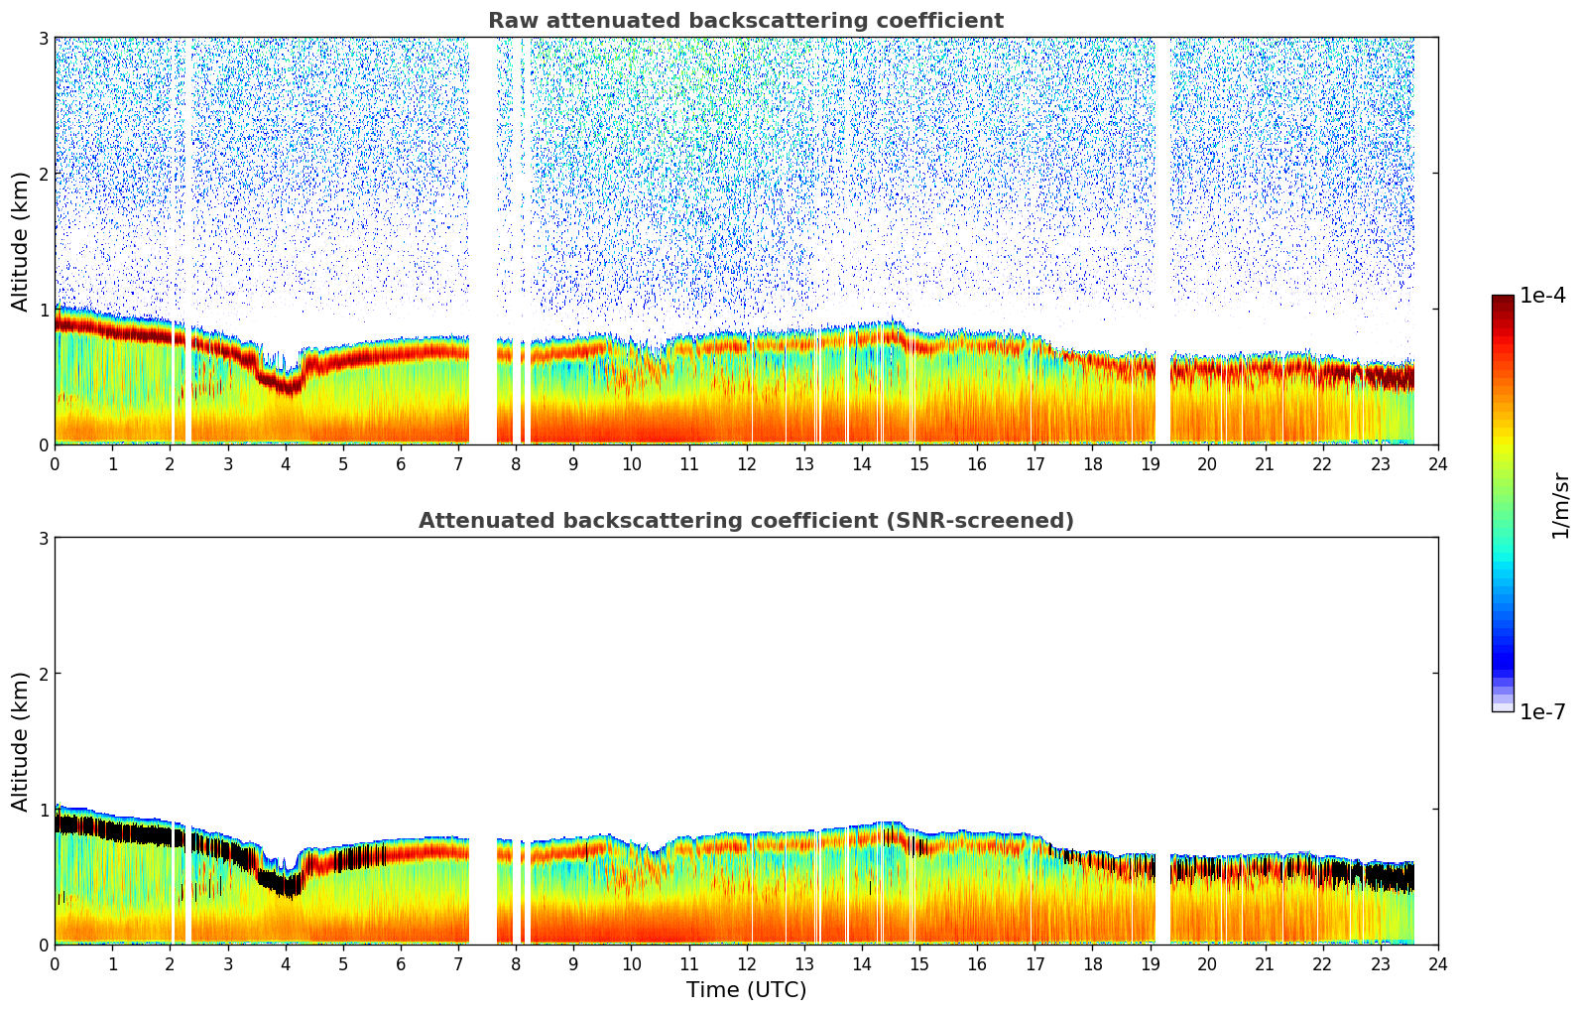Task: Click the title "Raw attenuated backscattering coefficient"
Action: point(746,21)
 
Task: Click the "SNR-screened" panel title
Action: point(746,521)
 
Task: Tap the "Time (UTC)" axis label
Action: point(746,990)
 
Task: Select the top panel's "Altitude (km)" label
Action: point(21,241)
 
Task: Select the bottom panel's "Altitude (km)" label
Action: point(21,741)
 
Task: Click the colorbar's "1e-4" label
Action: point(1542,296)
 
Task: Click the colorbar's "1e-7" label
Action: point(1542,712)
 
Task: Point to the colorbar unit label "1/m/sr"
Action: point(1560,505)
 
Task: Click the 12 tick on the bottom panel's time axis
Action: point(746,963)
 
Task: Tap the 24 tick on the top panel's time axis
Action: point(1438,463)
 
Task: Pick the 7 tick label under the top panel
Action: point(458,463)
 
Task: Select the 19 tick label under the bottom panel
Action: point(1150,963)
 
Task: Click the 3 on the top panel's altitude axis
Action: point(44,38)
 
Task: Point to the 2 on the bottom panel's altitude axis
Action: point(44,674)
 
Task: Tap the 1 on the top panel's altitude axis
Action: point(44,310)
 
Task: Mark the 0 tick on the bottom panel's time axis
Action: point(55,963)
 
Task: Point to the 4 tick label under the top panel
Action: point(286,463)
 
